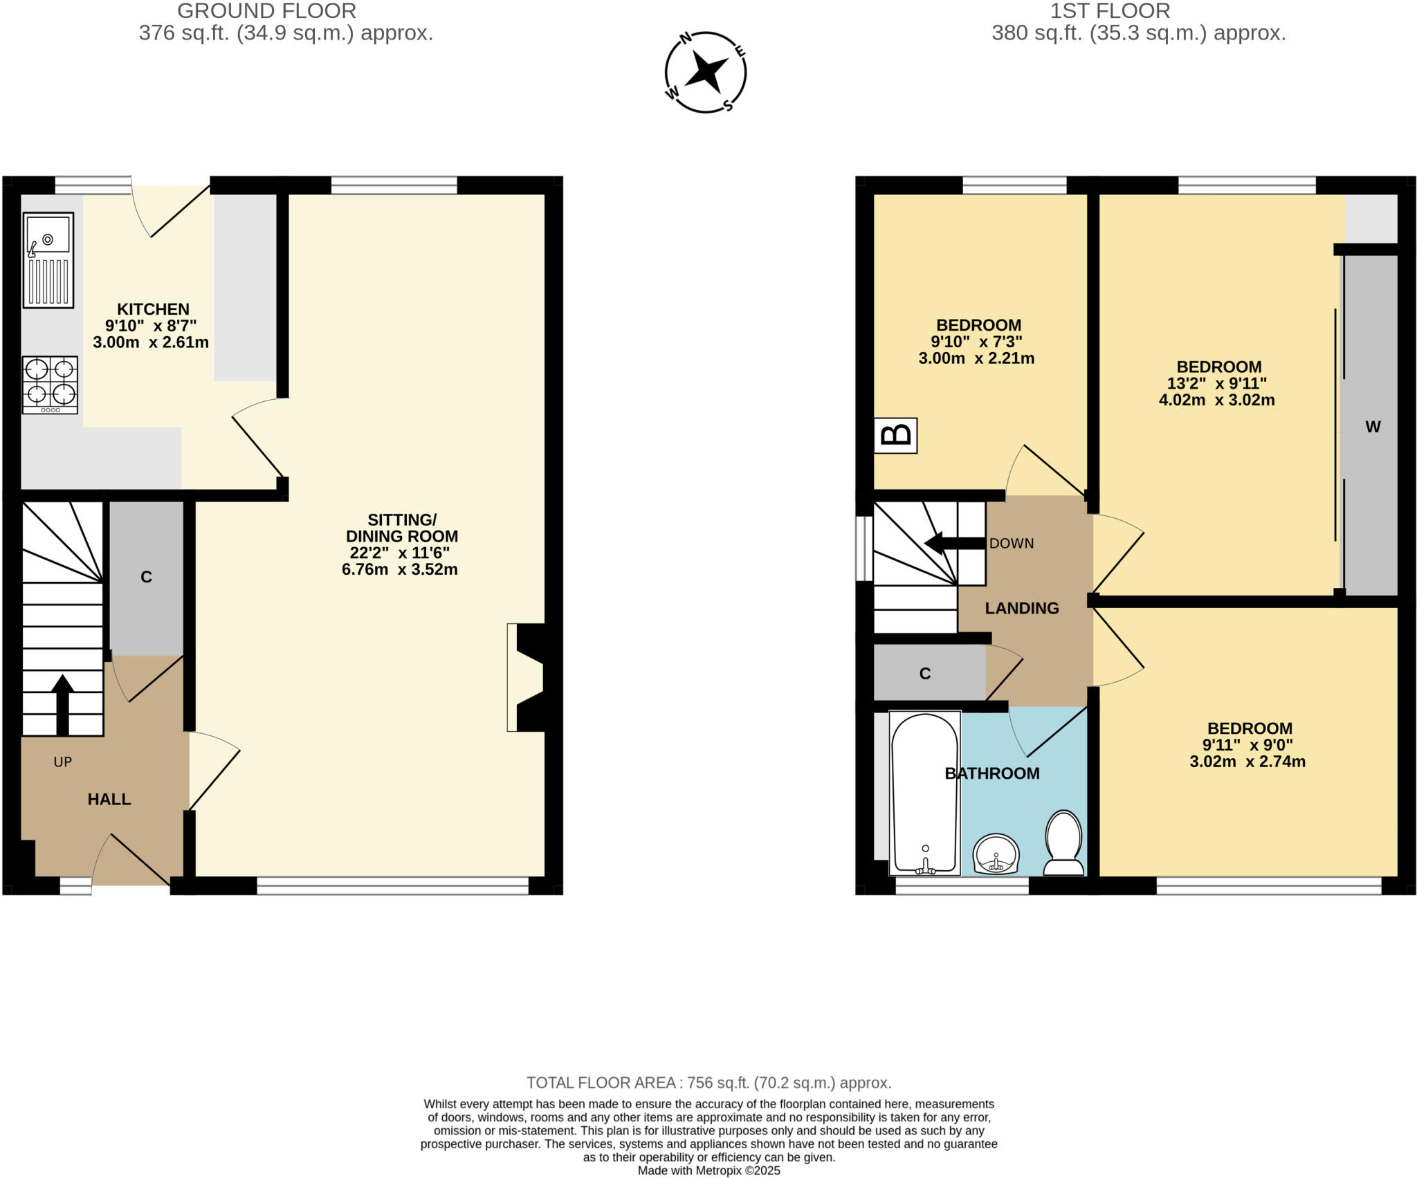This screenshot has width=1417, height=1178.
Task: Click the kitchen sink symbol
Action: [x=48, y=259]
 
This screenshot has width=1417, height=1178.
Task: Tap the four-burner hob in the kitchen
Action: [x=50, y=385]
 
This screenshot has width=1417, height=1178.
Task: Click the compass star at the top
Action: [x=706, y=72]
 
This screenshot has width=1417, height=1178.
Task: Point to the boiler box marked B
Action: [x=896, y=435]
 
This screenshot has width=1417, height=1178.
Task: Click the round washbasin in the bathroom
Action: [x=996, y=854]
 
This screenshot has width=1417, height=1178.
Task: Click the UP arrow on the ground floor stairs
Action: [x=62, y=704]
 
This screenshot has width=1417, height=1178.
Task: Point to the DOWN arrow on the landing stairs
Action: [x=955, y=543]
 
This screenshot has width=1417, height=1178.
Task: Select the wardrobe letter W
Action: [x=1373, y=427]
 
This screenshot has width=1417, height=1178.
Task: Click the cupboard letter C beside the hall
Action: [x=146, y=577]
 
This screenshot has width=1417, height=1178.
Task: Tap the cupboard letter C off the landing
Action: [x=925, y=673]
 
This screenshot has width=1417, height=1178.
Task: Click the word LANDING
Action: [x=1022, y=608]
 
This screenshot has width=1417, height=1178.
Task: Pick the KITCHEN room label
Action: [x=153, y=309]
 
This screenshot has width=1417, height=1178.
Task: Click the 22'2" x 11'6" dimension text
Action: [x=400, y=553]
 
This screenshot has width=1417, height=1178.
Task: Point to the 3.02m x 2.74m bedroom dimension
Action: [x=1247, y=762]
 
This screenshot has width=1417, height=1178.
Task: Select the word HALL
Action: [x=109, y=799]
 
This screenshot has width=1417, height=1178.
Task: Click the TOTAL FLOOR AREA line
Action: [x=708, y=1083]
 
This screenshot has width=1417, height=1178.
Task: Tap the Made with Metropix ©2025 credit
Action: [x=708, y=1170]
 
